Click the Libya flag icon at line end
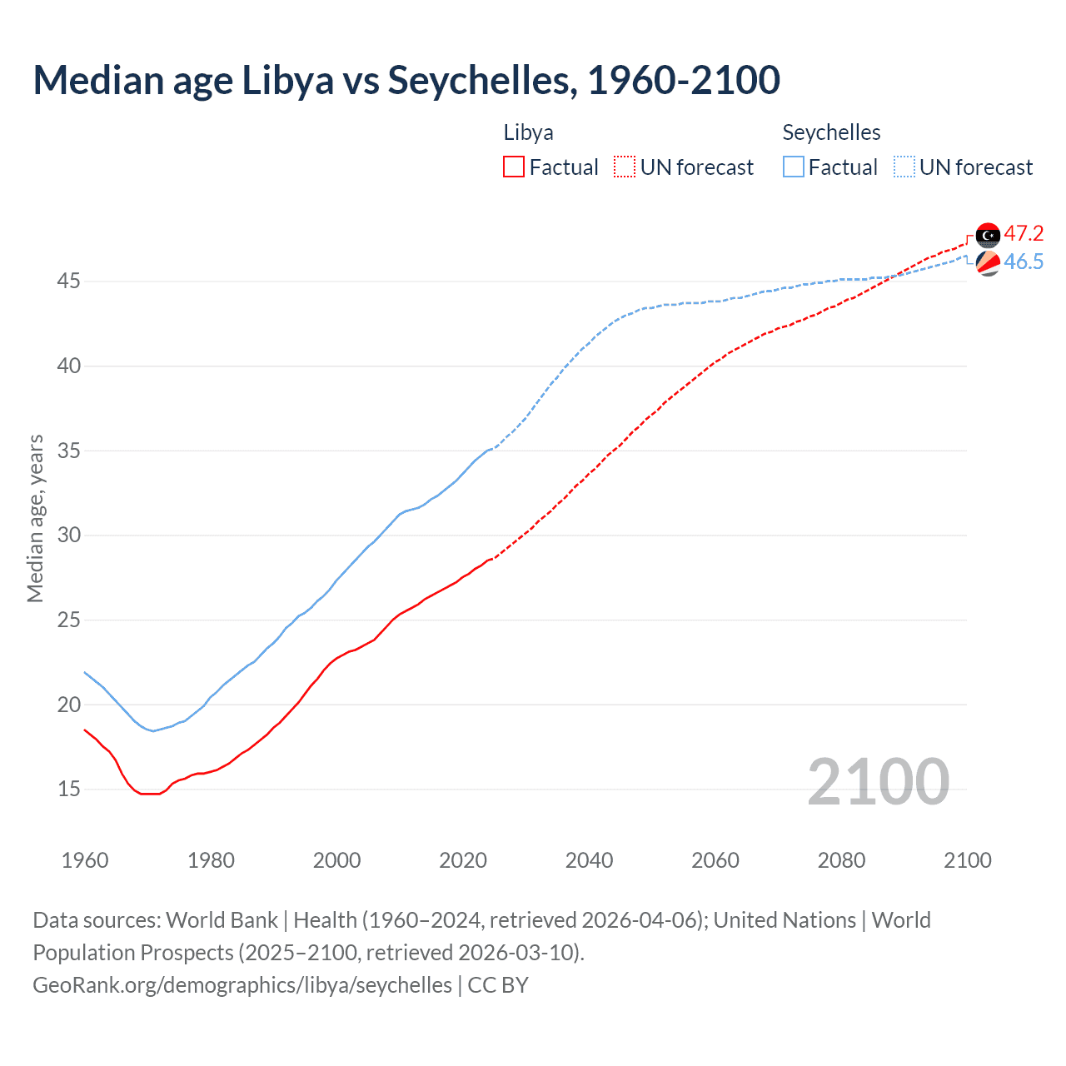988,236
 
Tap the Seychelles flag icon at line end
988,263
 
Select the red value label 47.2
1024,234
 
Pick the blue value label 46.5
1024,262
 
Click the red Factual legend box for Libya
514,167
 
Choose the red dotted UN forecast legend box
625,167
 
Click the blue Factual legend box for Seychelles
794,167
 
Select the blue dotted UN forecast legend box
904,167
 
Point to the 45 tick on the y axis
68,281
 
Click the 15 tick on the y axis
68,789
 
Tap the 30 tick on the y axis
68,535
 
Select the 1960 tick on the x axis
85,860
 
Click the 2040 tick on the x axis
589,860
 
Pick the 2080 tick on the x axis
841,860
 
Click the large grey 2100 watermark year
878,781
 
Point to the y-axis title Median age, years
35,518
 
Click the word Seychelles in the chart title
479,80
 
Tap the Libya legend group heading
528,132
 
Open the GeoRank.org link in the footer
242,985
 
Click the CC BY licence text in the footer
498,985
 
